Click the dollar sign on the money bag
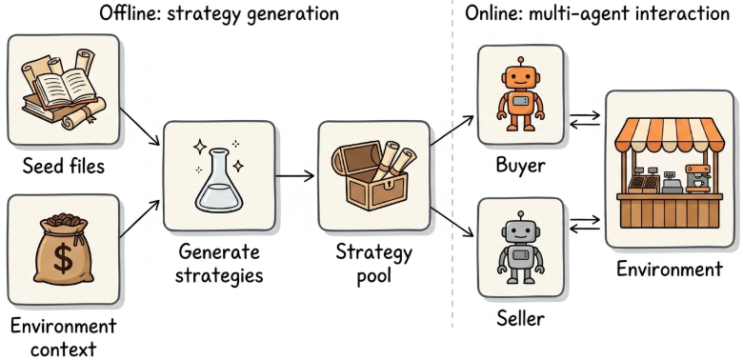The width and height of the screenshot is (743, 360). [x=63, y=257]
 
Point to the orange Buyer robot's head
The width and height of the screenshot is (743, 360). [x=520, y=77]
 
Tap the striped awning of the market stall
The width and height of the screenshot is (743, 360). [x=669, y=134]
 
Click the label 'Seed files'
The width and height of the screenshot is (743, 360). [x=64, y=167]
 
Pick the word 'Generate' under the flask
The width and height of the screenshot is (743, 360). [x=219, y=252]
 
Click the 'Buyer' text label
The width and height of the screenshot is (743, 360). [x=520, y=166]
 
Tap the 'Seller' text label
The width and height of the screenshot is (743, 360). [x=520, y=318]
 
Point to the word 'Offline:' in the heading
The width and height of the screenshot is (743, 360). [x=123, y=13]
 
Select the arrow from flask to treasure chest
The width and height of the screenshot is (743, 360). [x=294, y=176]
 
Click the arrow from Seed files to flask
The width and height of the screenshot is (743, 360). [x=140, y=126]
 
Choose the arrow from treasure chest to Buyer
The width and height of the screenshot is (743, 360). [x=452, y=130]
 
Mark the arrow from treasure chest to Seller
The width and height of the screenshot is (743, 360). [x=452, y=222]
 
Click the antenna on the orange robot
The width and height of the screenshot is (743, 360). [x=520, y=62]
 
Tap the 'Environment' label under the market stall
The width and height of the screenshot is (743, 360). [x=669, y=270]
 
